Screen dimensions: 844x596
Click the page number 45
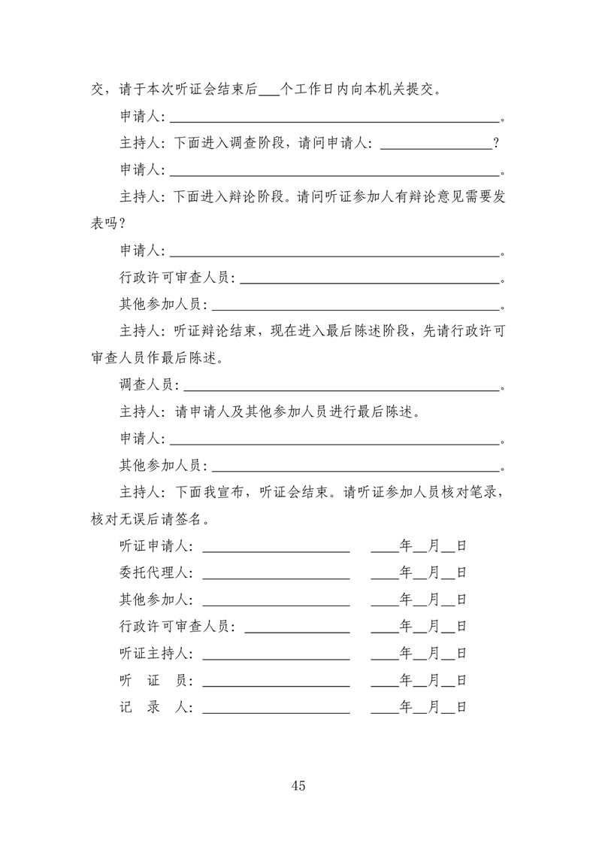298,786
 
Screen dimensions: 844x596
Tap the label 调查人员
146,385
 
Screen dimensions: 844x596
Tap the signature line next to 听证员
276,685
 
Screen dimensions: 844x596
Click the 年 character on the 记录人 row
406,707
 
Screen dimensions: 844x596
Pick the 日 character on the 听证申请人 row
461,545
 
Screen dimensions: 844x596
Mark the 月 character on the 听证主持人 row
434,653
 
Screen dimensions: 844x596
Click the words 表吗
104,224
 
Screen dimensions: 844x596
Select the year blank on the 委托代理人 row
384,575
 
